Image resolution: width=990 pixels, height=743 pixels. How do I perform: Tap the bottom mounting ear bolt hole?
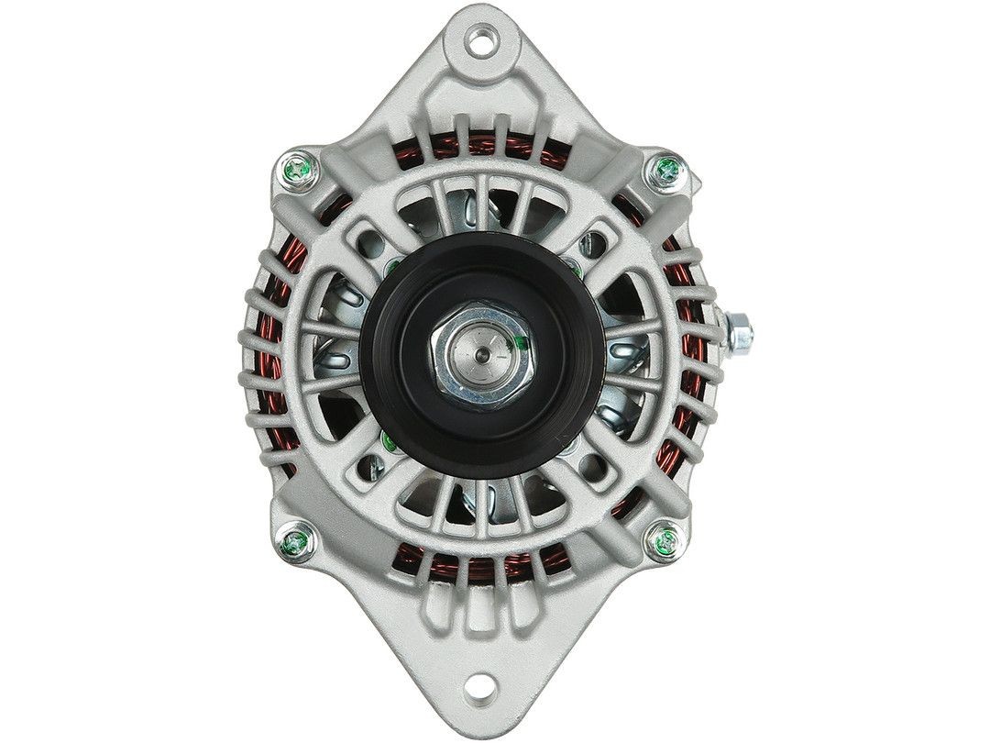click(x=481, y=704)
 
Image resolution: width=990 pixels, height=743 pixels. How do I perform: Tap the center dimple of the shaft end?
click(x=481, y=348)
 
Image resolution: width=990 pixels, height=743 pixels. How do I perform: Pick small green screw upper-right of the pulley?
click(x=572, y=268)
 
